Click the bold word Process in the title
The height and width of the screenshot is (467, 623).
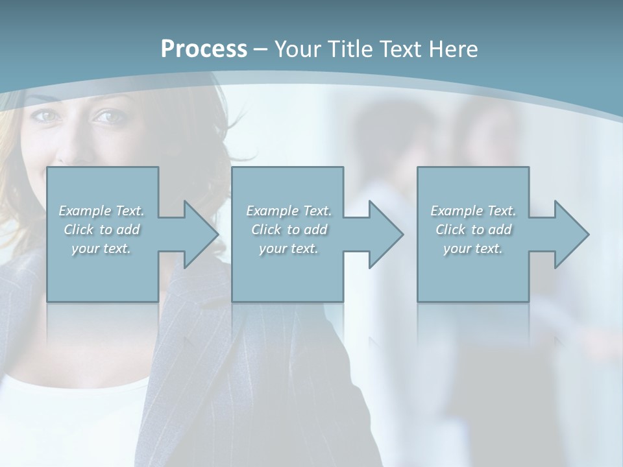(x=204, y=49)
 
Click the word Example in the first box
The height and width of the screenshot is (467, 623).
(x=84, y=211)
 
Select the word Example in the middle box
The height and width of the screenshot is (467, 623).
(x=272, y=211)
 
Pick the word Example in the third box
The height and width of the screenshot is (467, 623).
(x=456, y=211)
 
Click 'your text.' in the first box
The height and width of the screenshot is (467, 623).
(x=101, y=248)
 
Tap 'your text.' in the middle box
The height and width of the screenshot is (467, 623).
(x=289, y=248)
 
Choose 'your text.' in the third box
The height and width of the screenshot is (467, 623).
(x=473, y=248)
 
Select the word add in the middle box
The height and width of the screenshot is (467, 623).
(x=315, y=230)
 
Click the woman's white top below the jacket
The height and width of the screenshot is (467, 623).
(x=71, y=415)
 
